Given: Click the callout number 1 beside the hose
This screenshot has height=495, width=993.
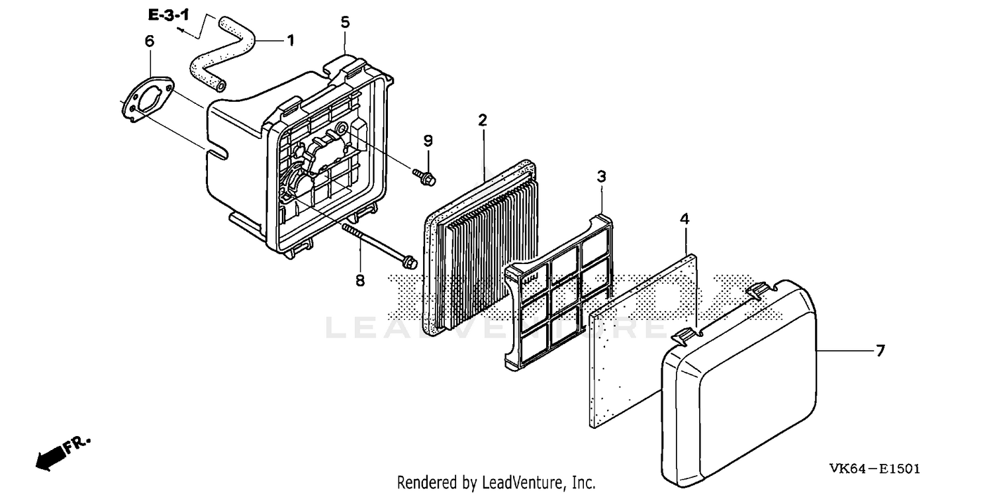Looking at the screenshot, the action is click(x=291, y=41).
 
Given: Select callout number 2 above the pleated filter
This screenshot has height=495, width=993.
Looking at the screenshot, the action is click(x=483, y=120).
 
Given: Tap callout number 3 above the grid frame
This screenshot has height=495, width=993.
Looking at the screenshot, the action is click(x=601, y=177).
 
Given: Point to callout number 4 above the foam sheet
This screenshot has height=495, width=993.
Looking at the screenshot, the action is click(x=685, y=219).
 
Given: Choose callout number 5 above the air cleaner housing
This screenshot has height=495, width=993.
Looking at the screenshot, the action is click(x=346, y=22).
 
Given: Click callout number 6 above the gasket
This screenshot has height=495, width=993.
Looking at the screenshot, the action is click(x=150, y=41).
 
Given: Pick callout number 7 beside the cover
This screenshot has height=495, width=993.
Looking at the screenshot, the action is click(x=880, y=351).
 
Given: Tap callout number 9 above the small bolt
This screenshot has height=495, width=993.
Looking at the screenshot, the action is click(x=428, y=141).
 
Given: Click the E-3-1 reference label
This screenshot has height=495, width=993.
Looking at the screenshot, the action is click(x=168, y=15).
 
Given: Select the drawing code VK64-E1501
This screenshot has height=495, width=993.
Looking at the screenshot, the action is click(x=875, y=469).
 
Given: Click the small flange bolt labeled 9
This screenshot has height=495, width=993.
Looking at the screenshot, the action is click(x=424, y=177).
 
